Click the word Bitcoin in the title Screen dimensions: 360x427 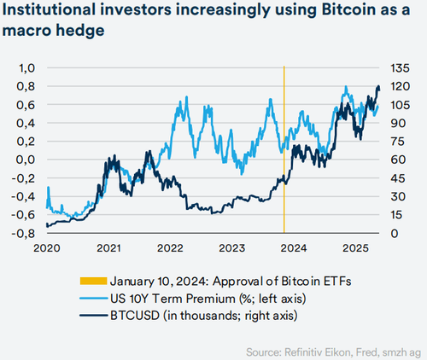pyautogui.click(x=323, y=15)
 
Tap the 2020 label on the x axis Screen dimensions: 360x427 pyautogui.click(x=47, y=247)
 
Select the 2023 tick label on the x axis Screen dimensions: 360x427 pyautogui.click(x=231, y=247)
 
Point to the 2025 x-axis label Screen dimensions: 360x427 pyautogui.click(x=354, y=247)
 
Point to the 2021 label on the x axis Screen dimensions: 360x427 pyautogui.click(x=108, y=247)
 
